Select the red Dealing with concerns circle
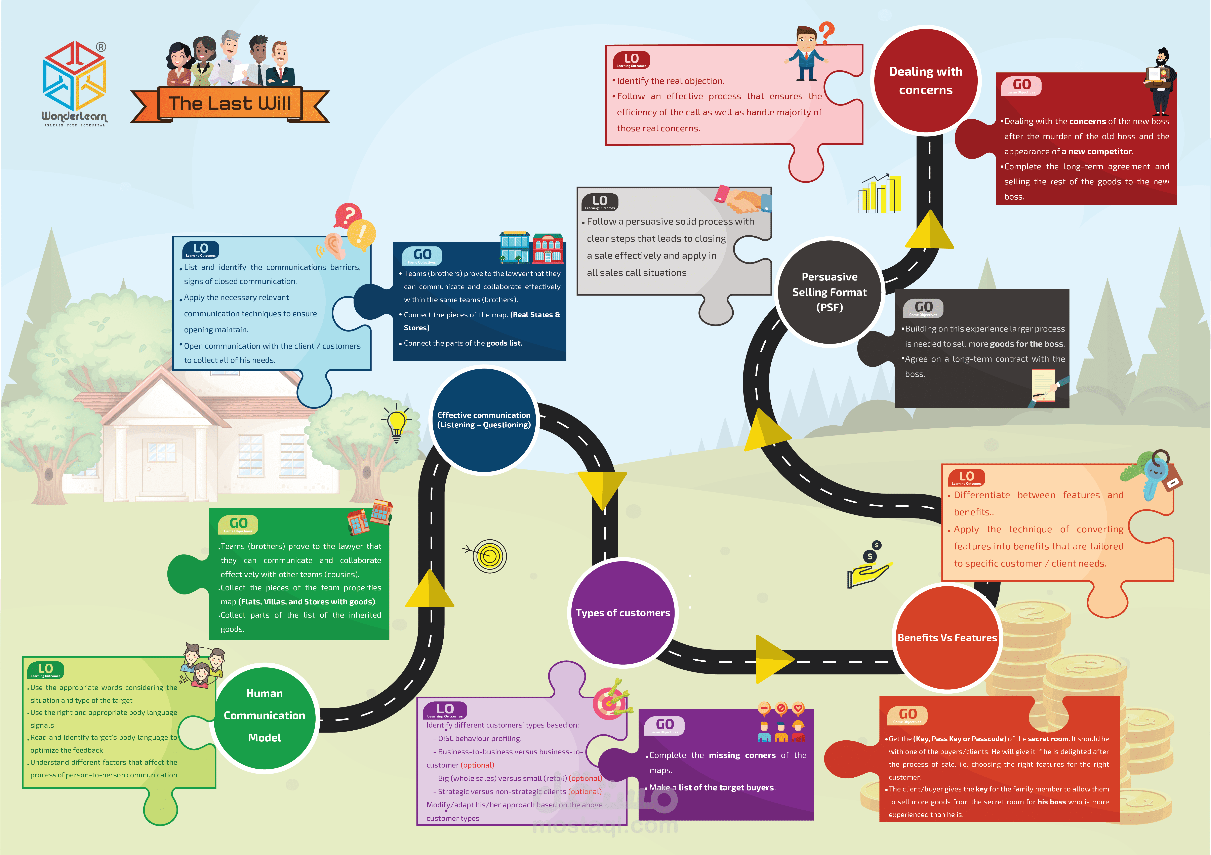[926, 80]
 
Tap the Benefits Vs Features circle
[947, 638]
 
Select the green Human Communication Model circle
[264, 716]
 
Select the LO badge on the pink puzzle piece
[631, 60]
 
